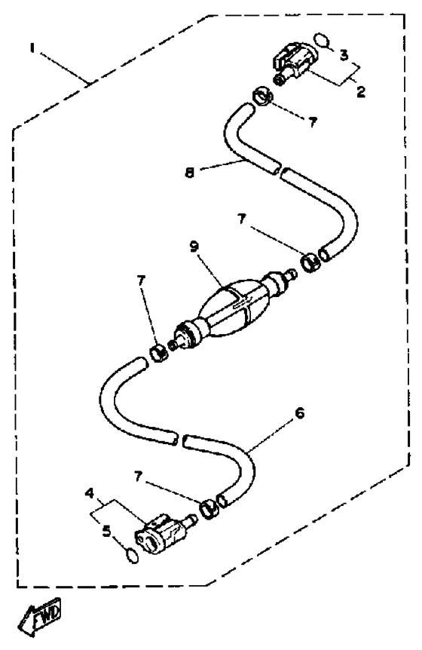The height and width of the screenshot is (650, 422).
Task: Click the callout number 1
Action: tap(32, 48)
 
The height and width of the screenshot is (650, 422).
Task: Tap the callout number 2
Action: tap(361, 92)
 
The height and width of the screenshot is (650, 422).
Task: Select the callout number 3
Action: tap(344, 55)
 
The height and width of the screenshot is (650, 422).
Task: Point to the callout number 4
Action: tap(90, 493)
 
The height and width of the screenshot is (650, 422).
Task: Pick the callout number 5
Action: tap(107, 531)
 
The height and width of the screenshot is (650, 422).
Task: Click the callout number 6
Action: tap(299, 413)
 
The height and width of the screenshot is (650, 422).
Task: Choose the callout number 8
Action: tap(189, 172)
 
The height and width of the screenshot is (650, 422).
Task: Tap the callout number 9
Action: tap(194, 247)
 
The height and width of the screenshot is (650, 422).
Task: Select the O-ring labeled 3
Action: tap(323, 41)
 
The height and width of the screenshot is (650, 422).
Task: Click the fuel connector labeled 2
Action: tap(294, 63)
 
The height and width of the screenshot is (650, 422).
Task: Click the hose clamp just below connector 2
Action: tap(262, 97)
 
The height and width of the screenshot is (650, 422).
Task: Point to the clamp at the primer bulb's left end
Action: tap(158, 353)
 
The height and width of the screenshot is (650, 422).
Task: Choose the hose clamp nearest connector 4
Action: tap(209, 508)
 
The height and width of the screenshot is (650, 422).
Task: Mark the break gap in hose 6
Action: tap(180, 438)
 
